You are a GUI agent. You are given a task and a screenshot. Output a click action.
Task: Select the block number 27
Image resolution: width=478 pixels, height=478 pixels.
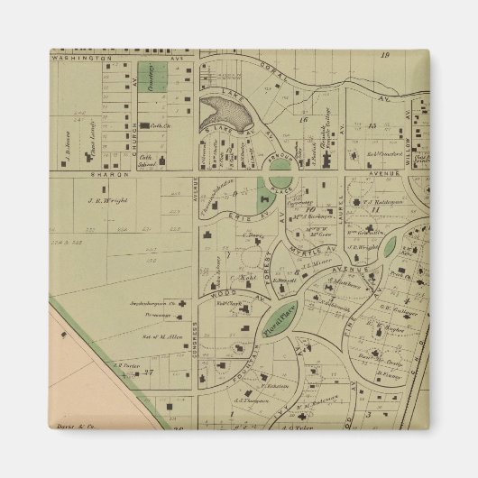pos(152,371)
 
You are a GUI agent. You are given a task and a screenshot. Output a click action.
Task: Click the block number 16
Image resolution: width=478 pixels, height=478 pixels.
pos(304,118)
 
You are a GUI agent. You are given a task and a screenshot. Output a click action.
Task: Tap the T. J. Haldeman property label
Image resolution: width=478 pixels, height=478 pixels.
pos(369,201)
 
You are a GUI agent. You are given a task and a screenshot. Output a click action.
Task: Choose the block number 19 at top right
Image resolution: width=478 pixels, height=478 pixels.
pos(386,55)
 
